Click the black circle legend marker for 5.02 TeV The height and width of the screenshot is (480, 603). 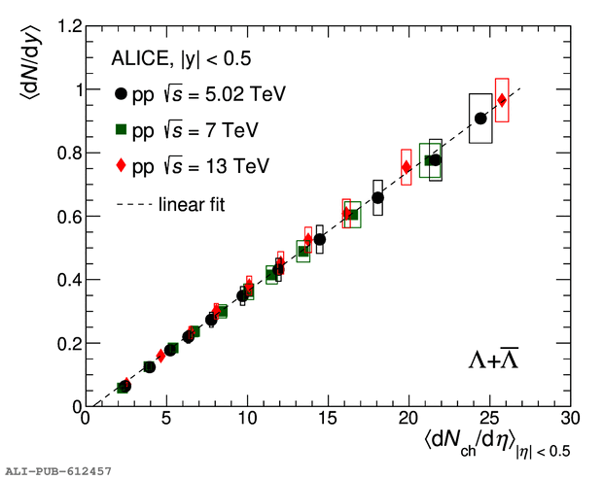pyautogui.click(x=121, y=94)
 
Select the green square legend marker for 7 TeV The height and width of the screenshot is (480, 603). pyautogui.click(x=121, y=129)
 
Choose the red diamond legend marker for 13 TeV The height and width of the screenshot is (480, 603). pyautogui.click(x=121, y=165)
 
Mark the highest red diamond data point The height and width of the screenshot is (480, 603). pyautogui.click(x=502, y=100)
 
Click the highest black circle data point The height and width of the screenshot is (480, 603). pyautogui.click(x=480, y=119)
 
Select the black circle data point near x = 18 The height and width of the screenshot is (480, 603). pyautogui.click(x=378, y=197)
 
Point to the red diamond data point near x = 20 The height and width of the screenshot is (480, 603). pyautogui.click(x=407, y=167)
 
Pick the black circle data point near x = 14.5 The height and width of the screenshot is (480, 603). pyautogui.click(x=320, y=239)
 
